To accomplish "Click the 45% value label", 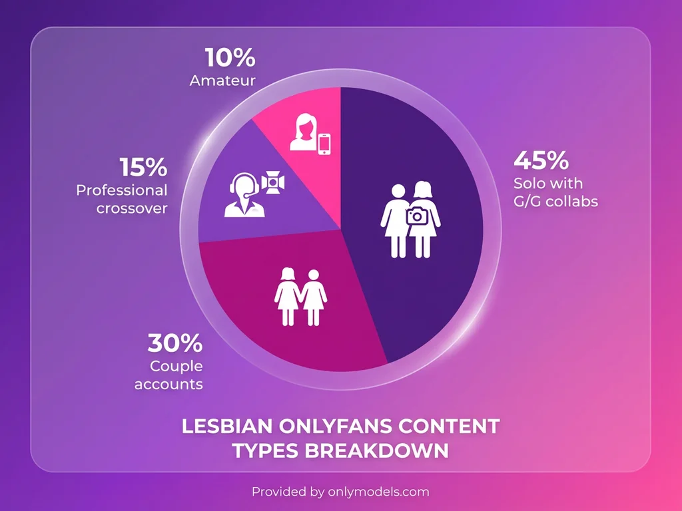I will pyautogui.click(x=541, y=161).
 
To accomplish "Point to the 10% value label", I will pyautogui.click(x=230, y=58).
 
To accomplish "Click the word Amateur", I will pyautogui.click(x=222, y=81).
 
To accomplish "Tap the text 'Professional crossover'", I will pyautogui.click(x=121, y=199).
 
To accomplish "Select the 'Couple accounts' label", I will pyautogui.click(x=169, y=375).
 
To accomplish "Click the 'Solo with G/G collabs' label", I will pyautogui.click(x=555, y=192).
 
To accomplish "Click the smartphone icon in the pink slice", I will pyautogui.click(x=324, y=144).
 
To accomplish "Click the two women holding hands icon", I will pyautogui.click(x=300, y=297).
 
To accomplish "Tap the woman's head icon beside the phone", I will pyautogui.click(x=302, y=132).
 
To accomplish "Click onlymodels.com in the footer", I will pyautogui.click(x=378, y=492).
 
